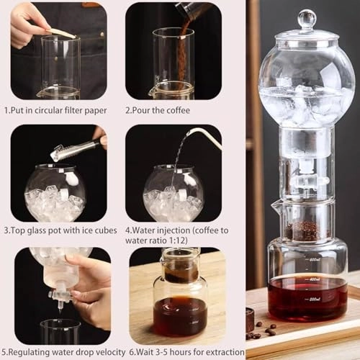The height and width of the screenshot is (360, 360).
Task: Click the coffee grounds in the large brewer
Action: (x=304, y=230)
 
